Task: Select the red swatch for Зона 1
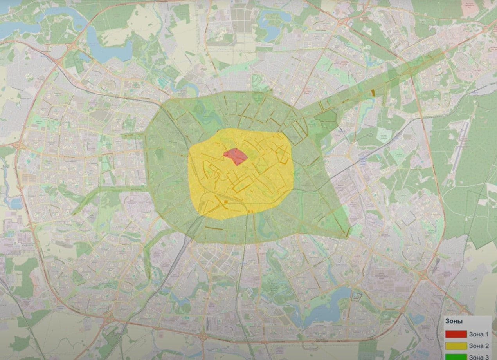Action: [456, 334]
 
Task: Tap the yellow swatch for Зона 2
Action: [456, 346]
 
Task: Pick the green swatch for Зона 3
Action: [456, 357]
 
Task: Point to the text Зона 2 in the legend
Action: [479, 346]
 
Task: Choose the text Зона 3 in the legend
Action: [479, 357]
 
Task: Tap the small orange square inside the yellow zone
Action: [226, 202]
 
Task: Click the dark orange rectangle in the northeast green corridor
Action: [373, 93]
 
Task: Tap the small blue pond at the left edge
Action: [16, 203]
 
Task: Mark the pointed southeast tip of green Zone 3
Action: [346, 235]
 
